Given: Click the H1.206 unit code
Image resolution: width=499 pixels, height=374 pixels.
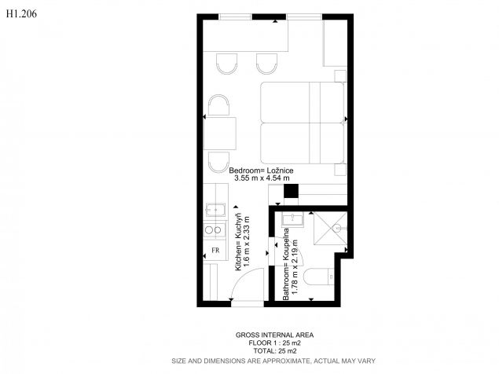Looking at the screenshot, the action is point(21,13).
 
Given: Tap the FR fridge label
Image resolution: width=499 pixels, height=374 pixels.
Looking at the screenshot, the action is point(215,250).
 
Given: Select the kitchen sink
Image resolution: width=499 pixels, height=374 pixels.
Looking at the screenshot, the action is point(215,210).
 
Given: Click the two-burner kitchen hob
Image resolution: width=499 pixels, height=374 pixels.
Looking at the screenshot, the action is point(214,229).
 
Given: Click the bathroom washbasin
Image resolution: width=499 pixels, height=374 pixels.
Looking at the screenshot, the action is point(292,219).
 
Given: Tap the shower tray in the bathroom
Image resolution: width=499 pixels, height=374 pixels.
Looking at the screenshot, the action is point(330,229).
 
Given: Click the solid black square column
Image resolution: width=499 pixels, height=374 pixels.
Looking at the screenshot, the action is point(292,191).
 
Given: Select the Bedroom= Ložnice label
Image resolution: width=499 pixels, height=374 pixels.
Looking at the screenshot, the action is point(261,170).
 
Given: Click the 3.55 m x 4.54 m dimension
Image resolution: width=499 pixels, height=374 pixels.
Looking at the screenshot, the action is point(262,178).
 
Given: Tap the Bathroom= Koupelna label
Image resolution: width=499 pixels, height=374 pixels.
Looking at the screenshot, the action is point(286,264).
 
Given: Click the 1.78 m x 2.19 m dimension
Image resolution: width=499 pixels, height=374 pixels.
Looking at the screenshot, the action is point(295,266).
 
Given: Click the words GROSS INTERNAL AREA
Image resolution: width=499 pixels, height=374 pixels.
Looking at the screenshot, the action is point(274,335).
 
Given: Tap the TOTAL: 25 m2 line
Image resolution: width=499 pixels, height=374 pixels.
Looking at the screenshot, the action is point(275,351).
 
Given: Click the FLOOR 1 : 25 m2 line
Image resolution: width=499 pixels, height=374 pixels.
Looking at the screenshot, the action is point(274,343).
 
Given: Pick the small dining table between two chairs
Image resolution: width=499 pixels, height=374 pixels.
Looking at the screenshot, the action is point(219,134).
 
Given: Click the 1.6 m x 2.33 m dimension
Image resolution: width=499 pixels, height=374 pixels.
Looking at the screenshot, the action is point(246,241).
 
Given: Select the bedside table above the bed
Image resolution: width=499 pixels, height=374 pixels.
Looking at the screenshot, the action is point(340,76).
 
